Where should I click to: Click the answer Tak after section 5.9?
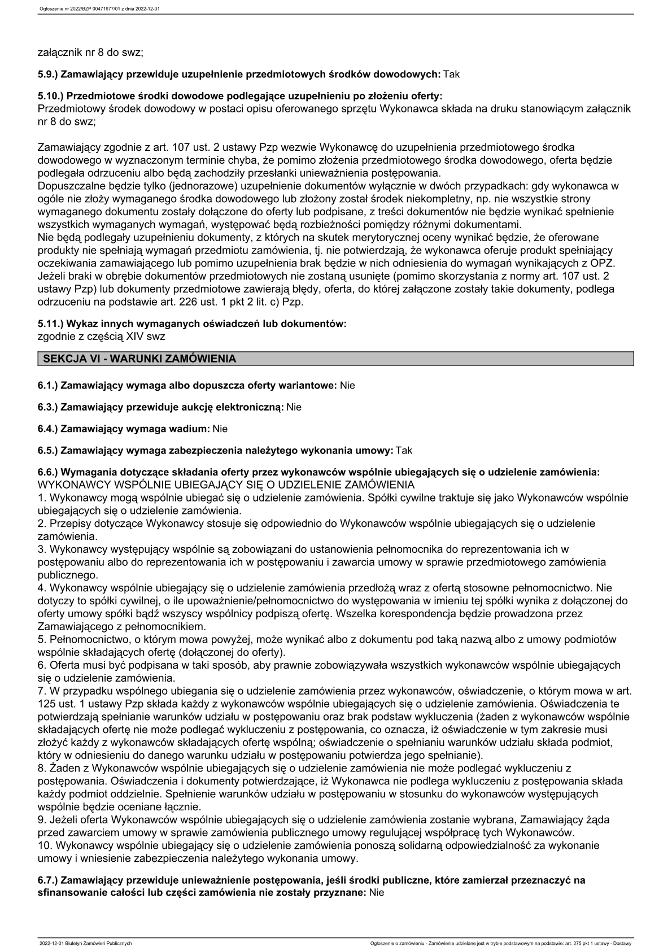pos(451,74)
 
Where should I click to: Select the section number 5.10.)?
pos(54,96)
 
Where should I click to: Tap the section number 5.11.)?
pos(53,324)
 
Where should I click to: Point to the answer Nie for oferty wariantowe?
pos(347,385)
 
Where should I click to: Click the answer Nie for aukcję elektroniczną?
pos(294,407)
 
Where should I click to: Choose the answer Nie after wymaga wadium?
pos(220,429)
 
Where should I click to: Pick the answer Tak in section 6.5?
pos(404,450)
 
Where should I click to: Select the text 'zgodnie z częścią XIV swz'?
pos(101,336)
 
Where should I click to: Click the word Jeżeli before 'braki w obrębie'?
pos(51,276)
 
